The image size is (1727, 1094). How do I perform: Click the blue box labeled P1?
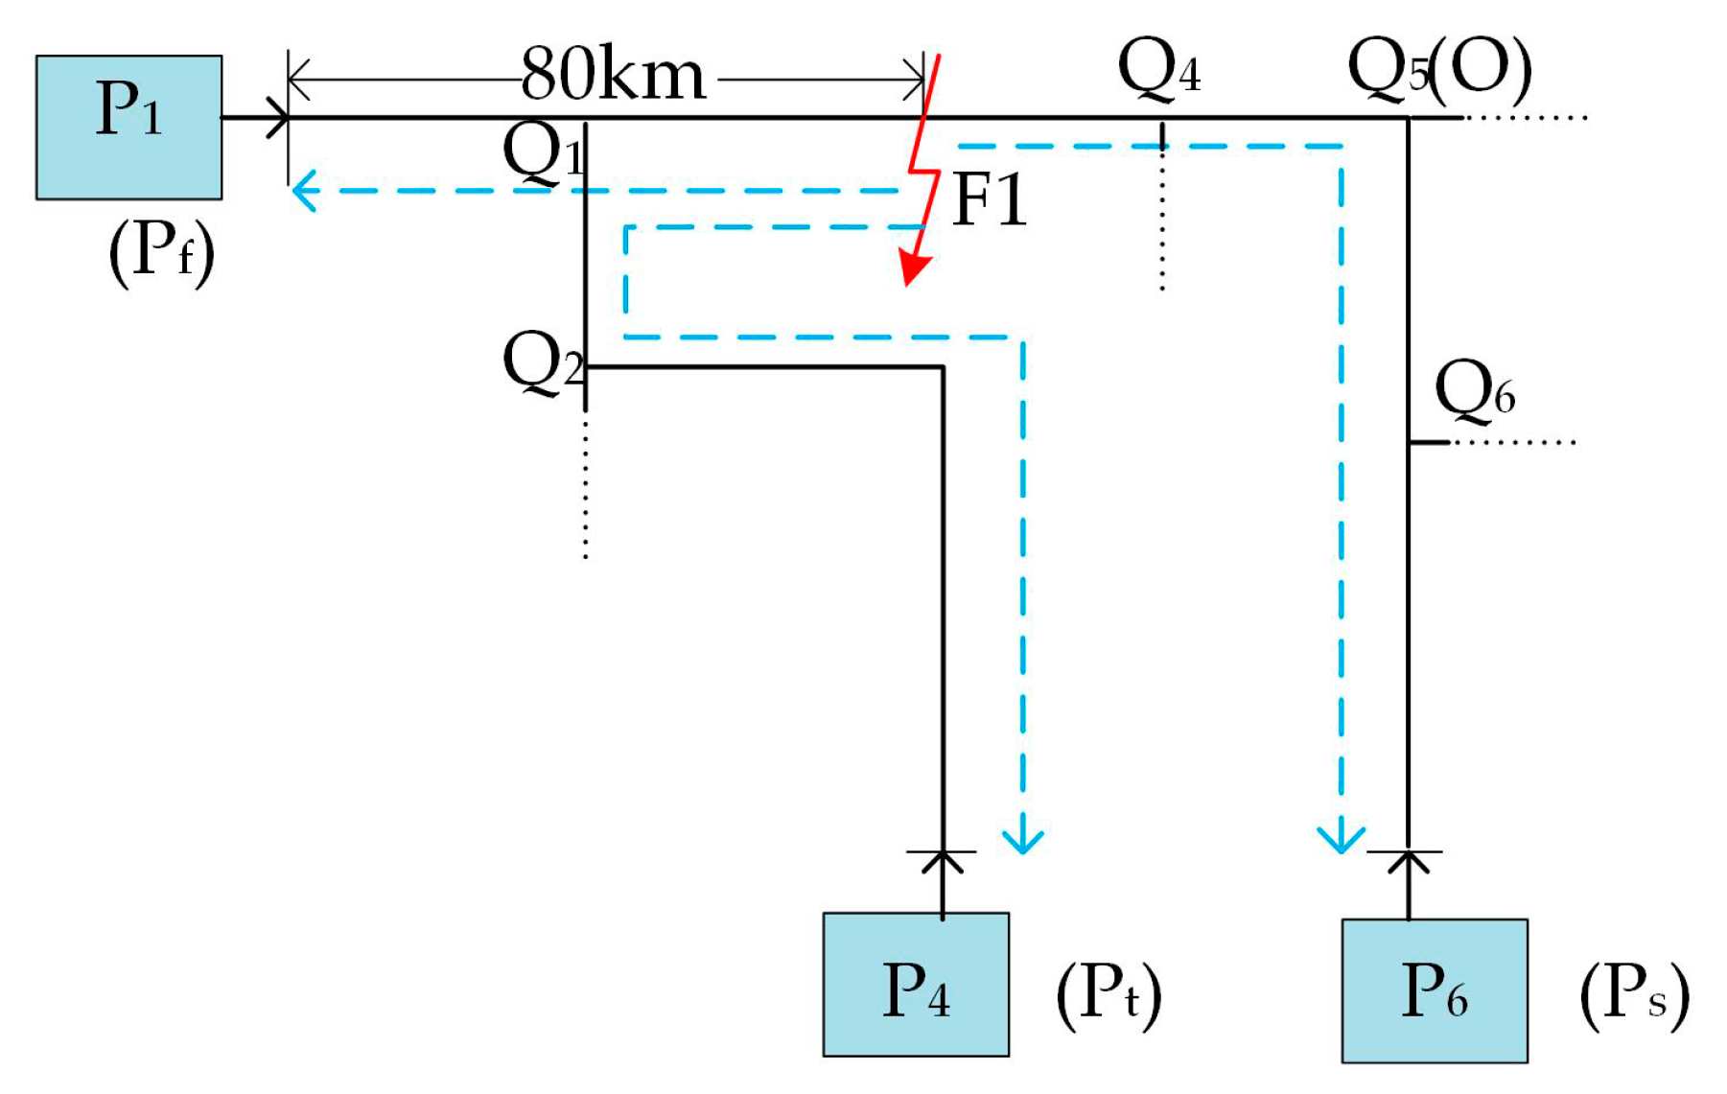(x=128, y=127)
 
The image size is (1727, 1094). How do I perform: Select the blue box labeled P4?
(x=916, y=985)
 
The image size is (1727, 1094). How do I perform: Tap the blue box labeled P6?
(x=1435, y=990)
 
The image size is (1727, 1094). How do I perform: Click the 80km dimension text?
(x=614, y=75)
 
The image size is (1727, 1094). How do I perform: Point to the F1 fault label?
(x=990, y=201)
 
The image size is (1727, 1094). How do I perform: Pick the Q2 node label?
(x=543, y=362)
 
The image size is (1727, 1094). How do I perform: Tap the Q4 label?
(x=1158, y=70)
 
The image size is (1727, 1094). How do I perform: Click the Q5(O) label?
(x=1438, y=70)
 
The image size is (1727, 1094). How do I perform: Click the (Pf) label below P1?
(x=161, y=251)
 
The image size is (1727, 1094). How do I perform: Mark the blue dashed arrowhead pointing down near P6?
(x=1341, y=840)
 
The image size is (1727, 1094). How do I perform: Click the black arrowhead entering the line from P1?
(x=279, y=118)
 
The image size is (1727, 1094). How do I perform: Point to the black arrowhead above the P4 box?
(x=943, y=862)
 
